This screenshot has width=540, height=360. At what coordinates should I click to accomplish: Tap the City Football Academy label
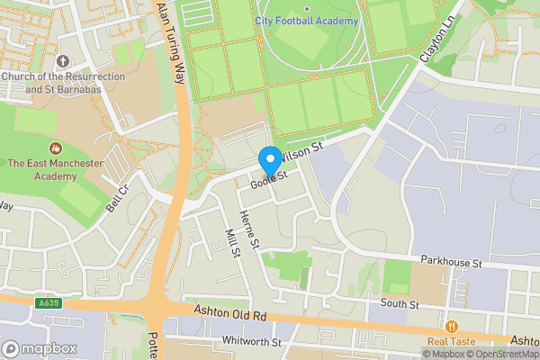point(306,21)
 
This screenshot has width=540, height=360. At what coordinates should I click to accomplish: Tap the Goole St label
point(268,179)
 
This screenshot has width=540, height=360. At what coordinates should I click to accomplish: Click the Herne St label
point(249,229)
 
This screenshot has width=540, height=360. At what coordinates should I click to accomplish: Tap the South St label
point(400,305)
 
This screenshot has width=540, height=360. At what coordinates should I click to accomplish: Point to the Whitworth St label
point(253,342)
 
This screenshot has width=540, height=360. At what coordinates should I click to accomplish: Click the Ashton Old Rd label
point(230,316)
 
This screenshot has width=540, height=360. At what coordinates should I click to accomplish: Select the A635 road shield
point(49,304)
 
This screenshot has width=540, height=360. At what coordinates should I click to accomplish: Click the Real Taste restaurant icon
point(451,327)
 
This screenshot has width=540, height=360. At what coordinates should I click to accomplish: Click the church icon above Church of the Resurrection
point(62,61)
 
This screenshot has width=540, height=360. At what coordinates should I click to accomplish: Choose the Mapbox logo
point(39,348)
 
